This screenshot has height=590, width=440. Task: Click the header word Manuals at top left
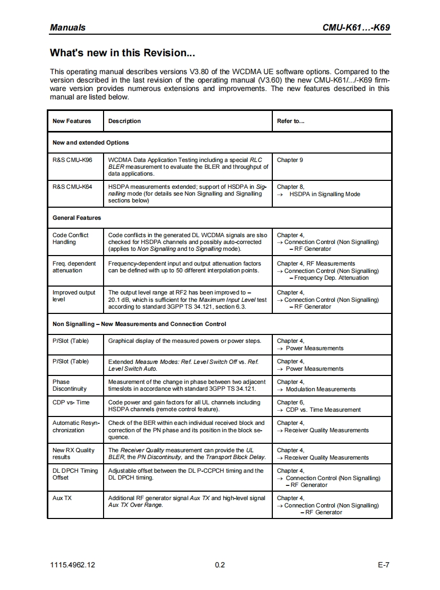point(67,27)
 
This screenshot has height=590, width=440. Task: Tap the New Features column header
point(71,121)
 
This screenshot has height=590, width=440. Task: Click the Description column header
point(125,121)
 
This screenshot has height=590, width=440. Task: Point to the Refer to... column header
point(291,121)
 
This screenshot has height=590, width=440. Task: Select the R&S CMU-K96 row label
point(73,160)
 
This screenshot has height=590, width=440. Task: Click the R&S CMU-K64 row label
point(73,187)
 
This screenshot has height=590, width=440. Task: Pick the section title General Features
point(77,218)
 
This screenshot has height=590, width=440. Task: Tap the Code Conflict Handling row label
point(70,239)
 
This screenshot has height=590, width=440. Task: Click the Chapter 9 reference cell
point(290,160)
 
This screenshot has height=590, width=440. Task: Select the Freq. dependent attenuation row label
point(74,267)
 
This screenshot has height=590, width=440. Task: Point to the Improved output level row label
point(74,296)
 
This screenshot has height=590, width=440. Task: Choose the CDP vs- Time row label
point(71,403)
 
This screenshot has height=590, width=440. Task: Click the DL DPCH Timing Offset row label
point(75,474)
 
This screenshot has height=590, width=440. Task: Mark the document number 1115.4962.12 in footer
point(73,565)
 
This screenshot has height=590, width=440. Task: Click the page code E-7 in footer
point(383,565)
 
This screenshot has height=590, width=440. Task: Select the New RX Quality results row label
point(74,454)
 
